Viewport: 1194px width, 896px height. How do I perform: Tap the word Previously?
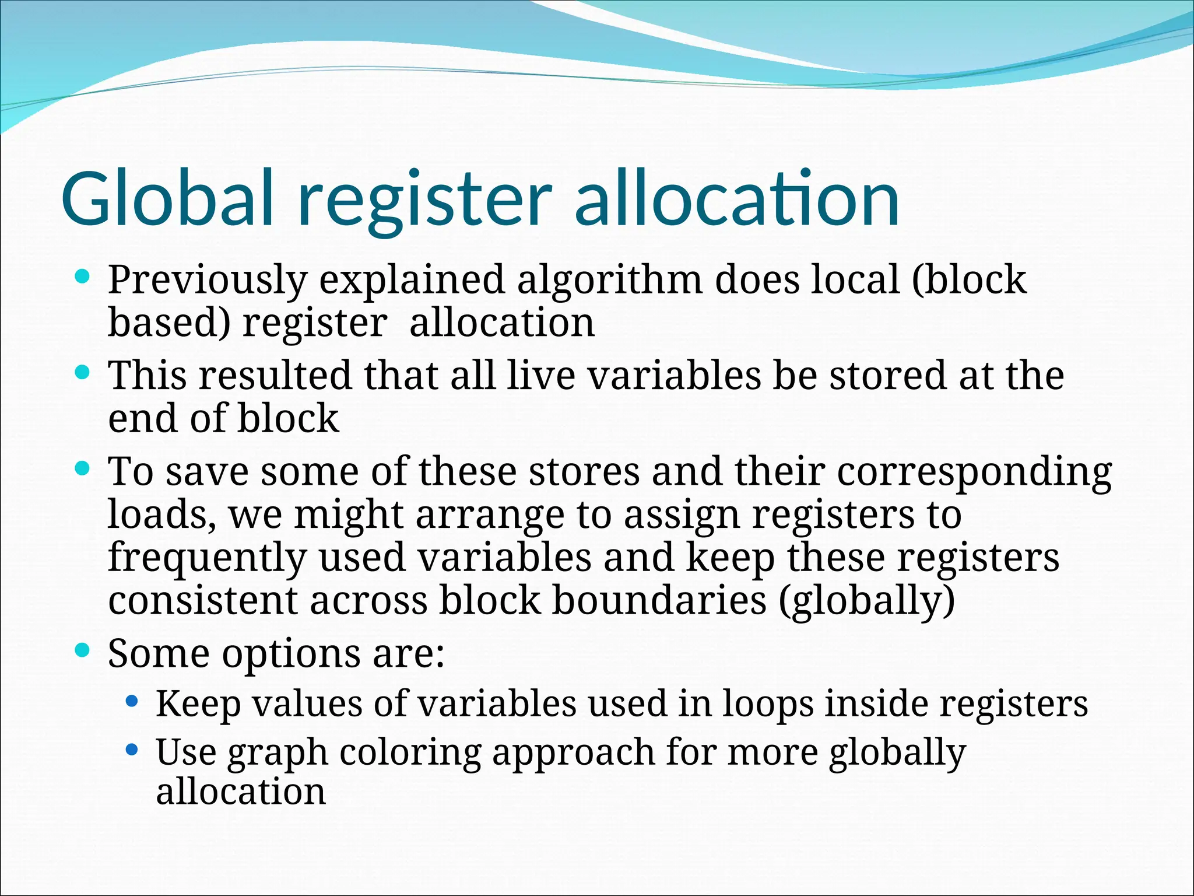pos(207,280)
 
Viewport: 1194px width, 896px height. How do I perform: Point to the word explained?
pos(412,280)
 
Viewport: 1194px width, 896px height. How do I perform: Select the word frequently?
pos(207,558)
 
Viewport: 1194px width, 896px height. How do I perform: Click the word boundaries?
pos(659,600)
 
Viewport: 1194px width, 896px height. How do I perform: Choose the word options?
pos(291,654)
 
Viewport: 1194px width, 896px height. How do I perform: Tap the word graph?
pos(278,752)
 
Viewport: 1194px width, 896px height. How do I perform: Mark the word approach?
pos(574,752)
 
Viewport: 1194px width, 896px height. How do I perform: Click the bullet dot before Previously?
pos(83,276)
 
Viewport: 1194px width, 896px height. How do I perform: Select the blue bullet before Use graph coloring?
pos(132,749)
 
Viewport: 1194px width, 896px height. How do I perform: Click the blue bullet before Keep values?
pos(132,700)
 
